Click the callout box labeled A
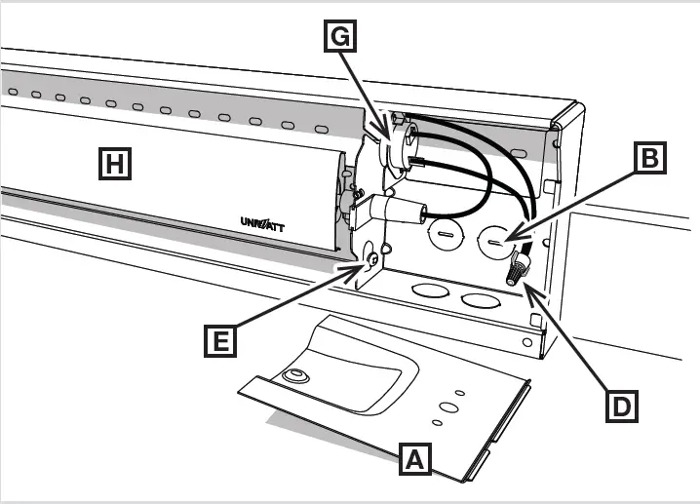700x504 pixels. pos(415,458)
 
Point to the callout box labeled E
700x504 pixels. pos(220,340)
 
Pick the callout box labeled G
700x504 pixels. pos(337,36)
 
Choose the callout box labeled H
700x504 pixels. pos(114,165)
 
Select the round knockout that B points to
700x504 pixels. pos(497,239)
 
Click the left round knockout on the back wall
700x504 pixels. pos(442,236)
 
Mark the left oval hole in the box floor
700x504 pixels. pos(426,291)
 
